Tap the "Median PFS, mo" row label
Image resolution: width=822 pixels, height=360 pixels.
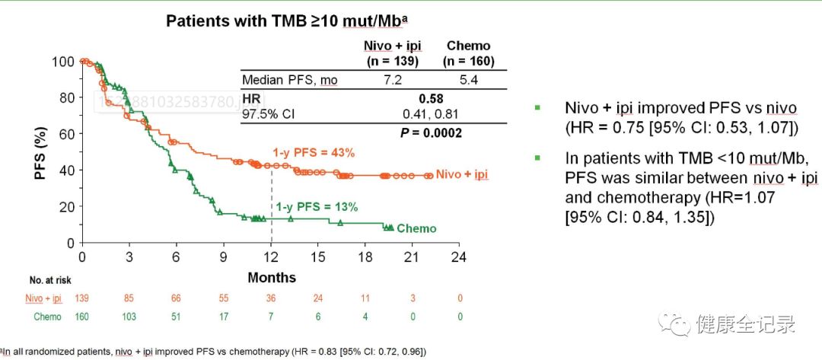(289, 80)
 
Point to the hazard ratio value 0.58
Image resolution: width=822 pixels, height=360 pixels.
(431, 98)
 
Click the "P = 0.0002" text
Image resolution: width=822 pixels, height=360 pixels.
(431, 132)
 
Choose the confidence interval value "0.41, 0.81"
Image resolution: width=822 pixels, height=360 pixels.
(431, 114)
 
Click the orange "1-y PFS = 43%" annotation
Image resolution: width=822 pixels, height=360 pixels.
(314, 152)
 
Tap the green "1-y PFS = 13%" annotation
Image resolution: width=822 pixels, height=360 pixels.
(317, 206)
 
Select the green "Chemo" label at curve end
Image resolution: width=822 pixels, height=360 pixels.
(416, 228)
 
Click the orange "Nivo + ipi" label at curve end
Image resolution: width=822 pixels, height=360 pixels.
(463, 175)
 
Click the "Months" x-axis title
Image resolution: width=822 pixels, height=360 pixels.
(272, 277)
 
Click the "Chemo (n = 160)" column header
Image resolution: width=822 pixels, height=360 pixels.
(469, 54)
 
